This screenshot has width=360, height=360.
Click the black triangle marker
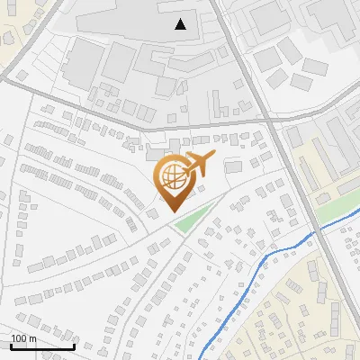click(x=181, y=23)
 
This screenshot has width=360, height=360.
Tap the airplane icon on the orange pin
click(x=199, y=166)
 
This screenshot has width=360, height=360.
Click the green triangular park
click(x=191, y=220)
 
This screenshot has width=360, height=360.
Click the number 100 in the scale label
click(x=19, y=339)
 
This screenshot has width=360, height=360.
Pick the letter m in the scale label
click(x=32, y=339)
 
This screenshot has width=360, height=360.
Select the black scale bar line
click(x=42, y=347)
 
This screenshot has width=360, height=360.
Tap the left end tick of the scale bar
click(x=11, y=346)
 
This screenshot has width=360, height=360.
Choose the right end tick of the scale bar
click(x=74, y=346)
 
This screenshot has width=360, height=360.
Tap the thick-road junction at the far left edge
click(x=4, y=79)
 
